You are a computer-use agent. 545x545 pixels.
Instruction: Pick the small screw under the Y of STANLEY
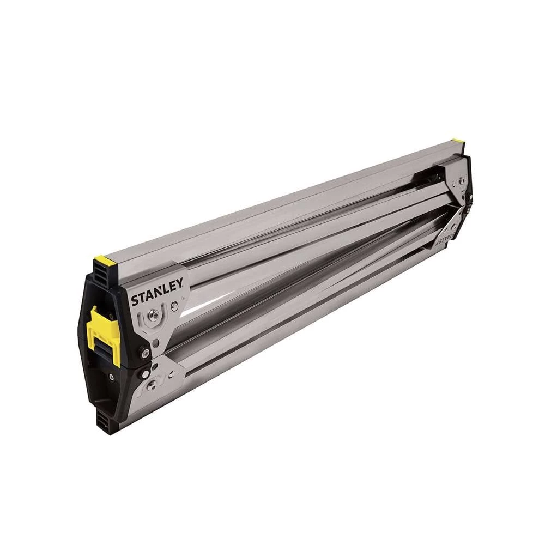click(174, 307)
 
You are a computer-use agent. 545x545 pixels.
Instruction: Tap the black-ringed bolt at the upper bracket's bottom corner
click(144, 353)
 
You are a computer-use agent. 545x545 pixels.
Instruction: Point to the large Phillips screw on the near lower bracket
click(153, 384)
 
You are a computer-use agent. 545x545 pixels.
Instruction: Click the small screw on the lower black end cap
click(112, 376)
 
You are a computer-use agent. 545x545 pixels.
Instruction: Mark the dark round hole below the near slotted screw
click(156, 343)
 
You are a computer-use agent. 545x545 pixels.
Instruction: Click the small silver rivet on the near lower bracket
click(172, 374)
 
